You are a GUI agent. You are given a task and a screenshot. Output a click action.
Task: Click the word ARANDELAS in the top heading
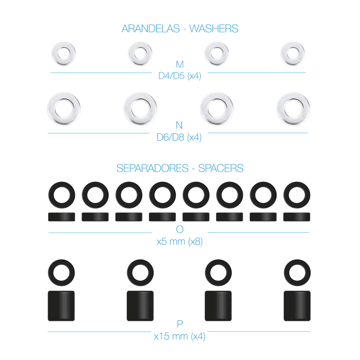pos(151,29)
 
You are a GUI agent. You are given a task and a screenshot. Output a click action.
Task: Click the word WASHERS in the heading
pos(214,29)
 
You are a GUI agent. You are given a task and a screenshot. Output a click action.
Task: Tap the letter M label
pos(180,65)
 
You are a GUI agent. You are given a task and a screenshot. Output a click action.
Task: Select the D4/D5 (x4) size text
pos(180,76)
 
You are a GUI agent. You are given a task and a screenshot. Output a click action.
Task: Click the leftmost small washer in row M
pos(64,54)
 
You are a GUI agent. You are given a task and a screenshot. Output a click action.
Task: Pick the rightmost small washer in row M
pos(293,54)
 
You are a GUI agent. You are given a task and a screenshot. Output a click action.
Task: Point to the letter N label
pos(179,125)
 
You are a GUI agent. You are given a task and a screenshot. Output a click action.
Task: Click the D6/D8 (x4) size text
pos(179,137)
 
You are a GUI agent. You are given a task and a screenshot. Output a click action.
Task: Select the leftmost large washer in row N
pos(64,108)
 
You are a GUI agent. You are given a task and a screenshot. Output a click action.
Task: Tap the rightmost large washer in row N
pos(293,108)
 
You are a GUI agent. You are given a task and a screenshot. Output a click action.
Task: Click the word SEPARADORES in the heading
pos(153,168)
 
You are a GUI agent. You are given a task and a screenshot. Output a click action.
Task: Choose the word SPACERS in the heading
pos(221,168)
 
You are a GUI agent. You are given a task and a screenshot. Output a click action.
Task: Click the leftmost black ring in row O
pos(62,195)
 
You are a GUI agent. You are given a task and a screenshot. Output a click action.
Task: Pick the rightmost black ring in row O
pos(297,195)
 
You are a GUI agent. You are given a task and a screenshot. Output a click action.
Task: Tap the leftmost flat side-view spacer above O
pos(62,217)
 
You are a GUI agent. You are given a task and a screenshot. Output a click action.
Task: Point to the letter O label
pos(180,229)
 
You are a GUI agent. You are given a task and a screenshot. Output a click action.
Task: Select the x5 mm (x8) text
pos(180,242)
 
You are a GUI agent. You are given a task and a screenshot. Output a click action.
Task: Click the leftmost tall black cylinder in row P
pos(61,306)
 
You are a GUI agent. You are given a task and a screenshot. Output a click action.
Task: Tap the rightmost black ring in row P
pos(297,273)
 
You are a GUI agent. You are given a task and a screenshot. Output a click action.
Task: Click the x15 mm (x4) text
pos(180,336)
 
